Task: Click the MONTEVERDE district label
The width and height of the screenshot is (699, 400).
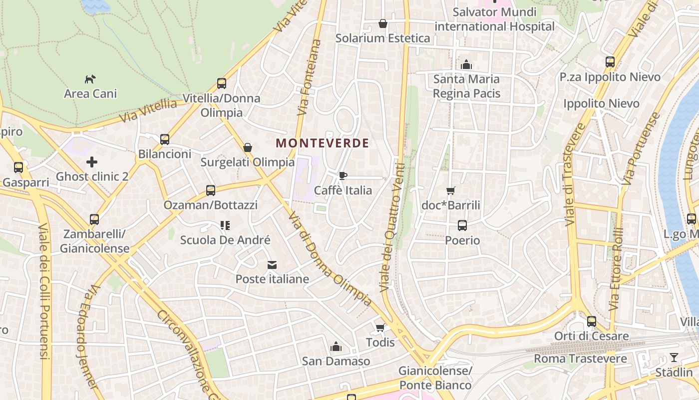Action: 323,143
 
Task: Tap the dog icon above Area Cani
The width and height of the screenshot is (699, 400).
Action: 90,79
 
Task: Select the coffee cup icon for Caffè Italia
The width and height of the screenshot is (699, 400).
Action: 343,175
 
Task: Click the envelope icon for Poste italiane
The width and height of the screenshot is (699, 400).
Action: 272,265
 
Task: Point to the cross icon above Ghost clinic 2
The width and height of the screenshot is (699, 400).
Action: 92,162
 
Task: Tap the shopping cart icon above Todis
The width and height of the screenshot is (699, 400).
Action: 380,328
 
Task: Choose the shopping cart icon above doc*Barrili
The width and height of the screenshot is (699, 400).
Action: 450,190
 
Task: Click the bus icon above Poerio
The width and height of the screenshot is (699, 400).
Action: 462,225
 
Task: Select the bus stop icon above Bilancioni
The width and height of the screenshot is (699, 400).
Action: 165,139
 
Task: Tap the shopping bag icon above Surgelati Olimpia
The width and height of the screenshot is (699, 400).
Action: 247,147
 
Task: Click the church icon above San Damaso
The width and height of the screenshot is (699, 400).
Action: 336,346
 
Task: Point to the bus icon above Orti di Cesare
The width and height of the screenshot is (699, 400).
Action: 592,321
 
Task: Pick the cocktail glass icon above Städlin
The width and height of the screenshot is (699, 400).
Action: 674,357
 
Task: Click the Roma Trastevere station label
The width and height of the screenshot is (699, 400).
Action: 580,358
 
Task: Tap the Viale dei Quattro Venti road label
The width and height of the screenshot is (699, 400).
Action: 392,227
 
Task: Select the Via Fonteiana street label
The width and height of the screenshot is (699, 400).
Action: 310,77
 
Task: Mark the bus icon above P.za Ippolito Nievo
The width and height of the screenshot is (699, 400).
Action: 610,62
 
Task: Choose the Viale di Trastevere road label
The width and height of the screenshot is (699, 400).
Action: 576,175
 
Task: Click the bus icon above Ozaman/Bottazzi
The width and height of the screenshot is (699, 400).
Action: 211,190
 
